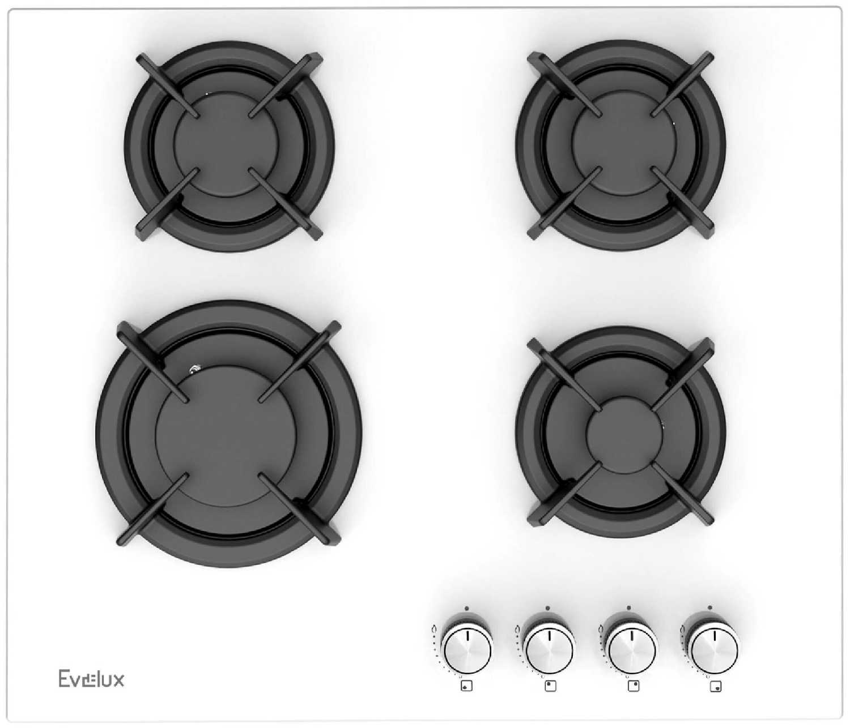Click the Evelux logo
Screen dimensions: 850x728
coord(91,679)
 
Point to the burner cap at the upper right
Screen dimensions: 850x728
coord(624,143)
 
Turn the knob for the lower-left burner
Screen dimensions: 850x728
coord(467,651)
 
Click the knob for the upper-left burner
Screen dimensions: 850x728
coord(550,651)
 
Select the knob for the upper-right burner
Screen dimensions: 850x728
coord(632,651)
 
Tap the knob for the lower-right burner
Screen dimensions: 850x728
coord(715,651)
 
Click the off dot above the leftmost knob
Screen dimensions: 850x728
coord(467,608)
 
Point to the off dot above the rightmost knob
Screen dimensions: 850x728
coord(710,607)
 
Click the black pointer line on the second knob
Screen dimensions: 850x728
coord(549,636)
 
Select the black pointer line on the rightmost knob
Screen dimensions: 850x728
coord(715,636)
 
